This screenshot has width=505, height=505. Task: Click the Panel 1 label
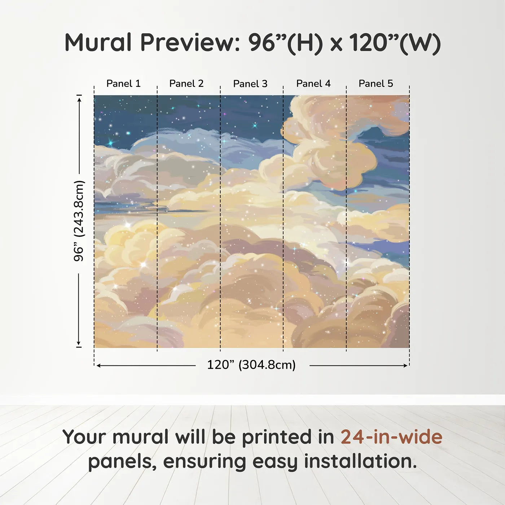click(123, 84)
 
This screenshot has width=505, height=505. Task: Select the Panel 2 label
click(186, 84)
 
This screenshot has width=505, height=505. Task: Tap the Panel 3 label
click(250, 84)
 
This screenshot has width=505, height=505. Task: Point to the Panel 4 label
click(313, 84)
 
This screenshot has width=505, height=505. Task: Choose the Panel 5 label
click(376, 84)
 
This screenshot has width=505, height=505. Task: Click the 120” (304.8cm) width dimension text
click(251, 365)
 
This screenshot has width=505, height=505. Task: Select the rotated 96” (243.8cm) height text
click(79, 221)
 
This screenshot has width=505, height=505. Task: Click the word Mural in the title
click(98, 43)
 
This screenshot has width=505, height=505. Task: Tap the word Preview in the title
click(190, 43)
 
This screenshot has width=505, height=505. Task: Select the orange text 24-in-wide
click(391, 437)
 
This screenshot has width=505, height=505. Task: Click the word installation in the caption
click(360, 461)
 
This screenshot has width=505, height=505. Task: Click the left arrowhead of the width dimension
click(99, 365)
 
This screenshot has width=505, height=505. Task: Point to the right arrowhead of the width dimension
click(405, 365)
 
